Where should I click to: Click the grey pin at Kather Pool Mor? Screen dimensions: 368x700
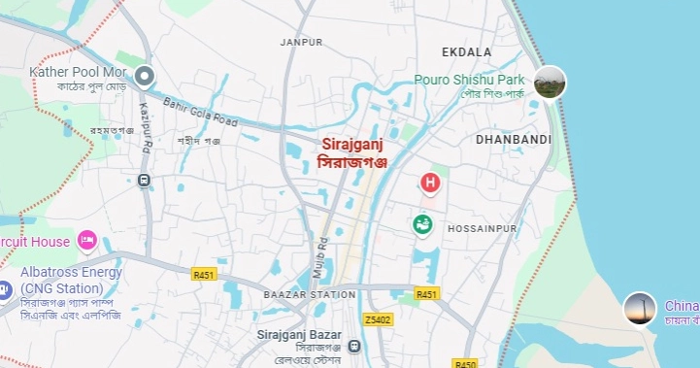tap(145, 75)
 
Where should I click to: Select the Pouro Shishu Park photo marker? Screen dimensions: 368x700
tap(550, 81)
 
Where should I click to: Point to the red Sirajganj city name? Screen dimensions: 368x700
tap(352, 144)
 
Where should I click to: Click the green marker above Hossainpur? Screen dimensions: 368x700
tap(423, 224)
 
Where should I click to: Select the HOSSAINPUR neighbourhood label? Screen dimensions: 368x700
tap(485, 228)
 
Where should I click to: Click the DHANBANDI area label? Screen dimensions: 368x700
tap(514, 140)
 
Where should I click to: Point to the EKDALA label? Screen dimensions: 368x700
tap(466, 51)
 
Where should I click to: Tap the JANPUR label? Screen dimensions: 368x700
tap(301, 43)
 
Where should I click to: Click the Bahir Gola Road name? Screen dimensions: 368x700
tap(201, 111)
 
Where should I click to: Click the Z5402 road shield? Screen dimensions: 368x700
tap(378, 319)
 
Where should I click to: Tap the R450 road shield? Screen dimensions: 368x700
tap(466, 363)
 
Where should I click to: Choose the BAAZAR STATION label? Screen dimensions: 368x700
tap(310, 293)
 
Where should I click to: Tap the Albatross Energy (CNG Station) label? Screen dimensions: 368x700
tap(68, 280)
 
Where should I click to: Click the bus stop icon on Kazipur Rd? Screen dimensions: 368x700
tap(144, 180)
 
